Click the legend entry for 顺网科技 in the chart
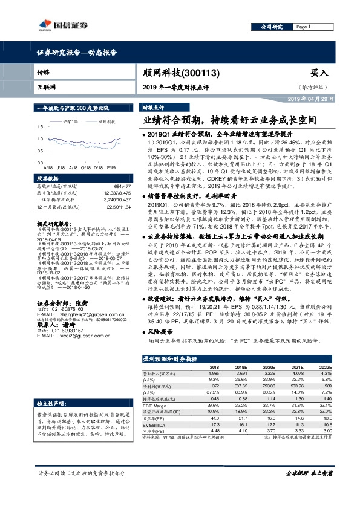point(105,122)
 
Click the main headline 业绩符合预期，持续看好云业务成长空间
point(231,120)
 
